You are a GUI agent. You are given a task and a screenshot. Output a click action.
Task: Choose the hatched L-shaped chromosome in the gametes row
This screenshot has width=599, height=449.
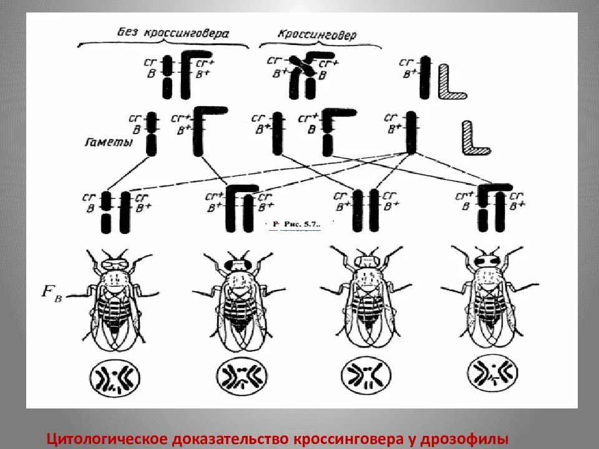pos(474,139)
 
